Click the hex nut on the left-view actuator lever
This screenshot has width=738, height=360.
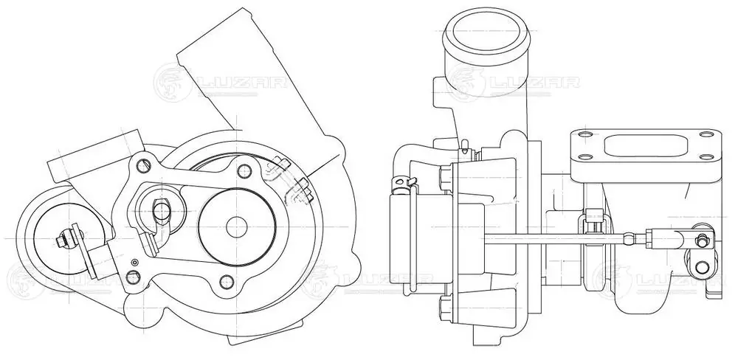(64, 239)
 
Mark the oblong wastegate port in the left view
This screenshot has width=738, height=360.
(161, 209)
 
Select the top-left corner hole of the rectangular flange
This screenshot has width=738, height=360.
(585, 134)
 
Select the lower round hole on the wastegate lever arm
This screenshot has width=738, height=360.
(696, 265)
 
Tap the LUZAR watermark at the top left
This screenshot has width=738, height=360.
(221, 79)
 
